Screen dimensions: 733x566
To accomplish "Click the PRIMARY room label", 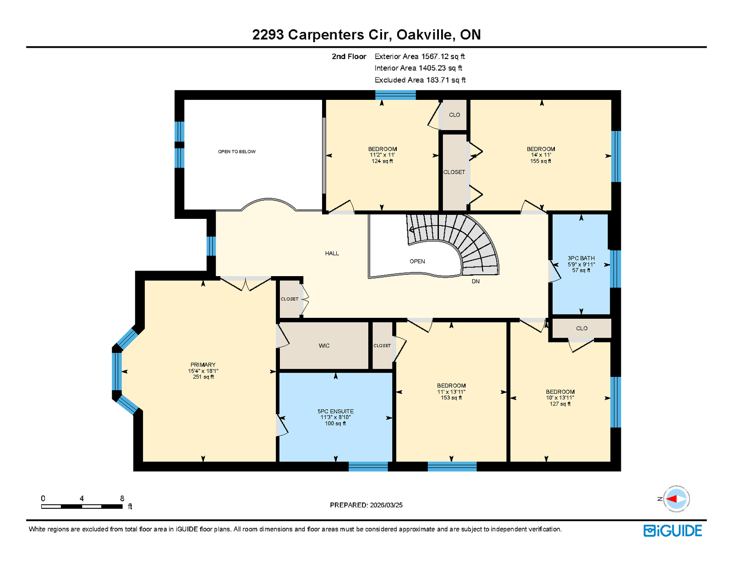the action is point(203,365).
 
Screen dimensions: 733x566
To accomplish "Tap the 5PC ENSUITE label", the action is point(335,411).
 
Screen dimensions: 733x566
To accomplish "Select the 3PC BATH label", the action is point(581,258).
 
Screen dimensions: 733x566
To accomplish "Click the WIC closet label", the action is point(324,346).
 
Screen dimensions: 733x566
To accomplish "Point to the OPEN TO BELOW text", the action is point(236,152).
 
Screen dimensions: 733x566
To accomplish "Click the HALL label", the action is point(332,253).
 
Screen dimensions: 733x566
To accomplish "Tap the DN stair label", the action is point(475,281).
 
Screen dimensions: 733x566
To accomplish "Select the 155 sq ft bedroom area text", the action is point(541,161).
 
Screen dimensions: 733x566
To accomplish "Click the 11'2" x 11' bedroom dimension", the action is point(382,155).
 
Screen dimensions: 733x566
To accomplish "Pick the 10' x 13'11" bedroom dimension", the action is point(560,398).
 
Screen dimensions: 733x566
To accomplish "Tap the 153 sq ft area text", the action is point(451,398).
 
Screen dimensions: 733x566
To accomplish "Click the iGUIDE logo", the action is point(673,531).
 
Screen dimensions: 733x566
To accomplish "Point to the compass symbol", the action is point(676,499).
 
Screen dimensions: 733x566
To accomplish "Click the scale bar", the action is point(82,506).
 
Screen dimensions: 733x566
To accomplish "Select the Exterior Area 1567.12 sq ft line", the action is point(420,57).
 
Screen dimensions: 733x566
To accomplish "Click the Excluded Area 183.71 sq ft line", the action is point(420,80).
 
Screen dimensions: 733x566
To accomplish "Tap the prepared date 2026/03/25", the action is point(386,505).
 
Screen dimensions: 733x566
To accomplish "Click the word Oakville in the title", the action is point(424,35).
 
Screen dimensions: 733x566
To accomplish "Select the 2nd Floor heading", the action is point(349,57).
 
